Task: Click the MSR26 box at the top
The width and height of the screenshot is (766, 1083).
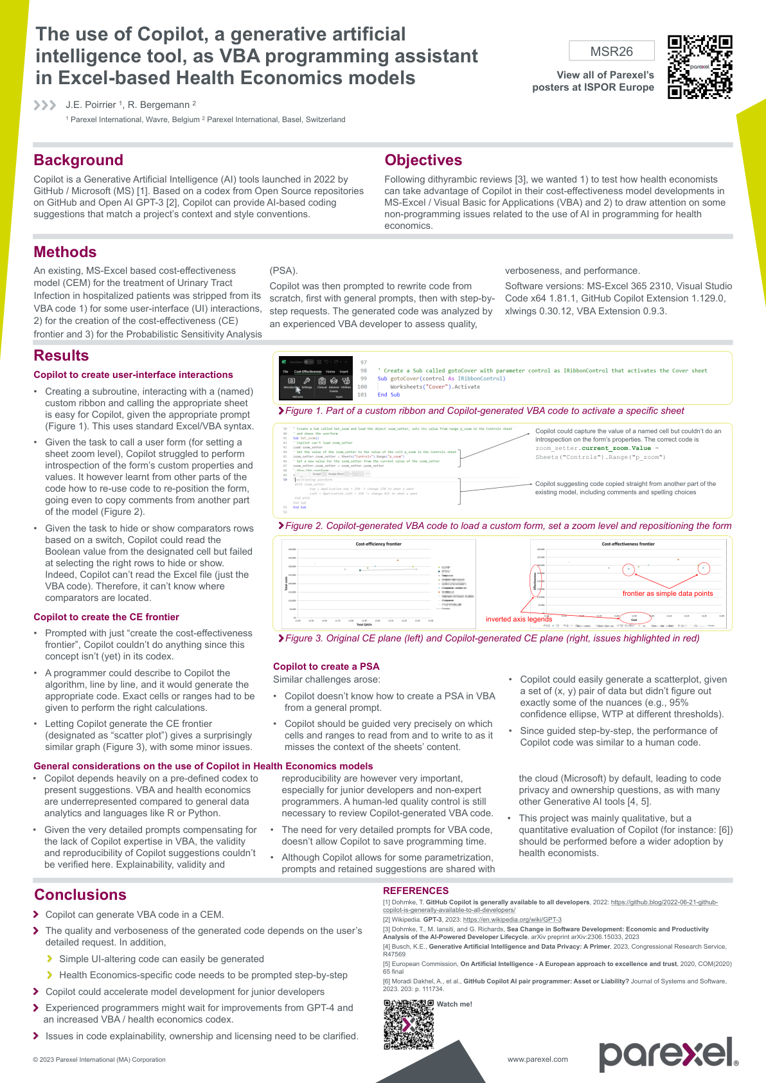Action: coord(611,51)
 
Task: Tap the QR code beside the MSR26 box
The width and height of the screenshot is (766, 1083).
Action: coord(700,67)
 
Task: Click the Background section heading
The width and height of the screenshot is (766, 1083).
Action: coord(78,160)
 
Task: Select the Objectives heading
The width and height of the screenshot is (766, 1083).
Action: coord(423,160)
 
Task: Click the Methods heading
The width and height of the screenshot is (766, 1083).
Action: coord(65,252)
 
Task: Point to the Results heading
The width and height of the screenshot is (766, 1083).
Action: coord(61,355)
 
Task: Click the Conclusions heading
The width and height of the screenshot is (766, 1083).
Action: coord(80,895)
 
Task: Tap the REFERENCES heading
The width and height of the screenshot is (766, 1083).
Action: coord(416,891)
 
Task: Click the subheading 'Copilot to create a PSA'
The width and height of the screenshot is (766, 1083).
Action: coord(326,667)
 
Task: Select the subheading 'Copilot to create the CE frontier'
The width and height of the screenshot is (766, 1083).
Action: coord(106,617)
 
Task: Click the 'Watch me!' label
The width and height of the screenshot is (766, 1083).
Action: coord(454,1004)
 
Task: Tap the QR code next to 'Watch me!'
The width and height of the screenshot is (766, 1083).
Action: coord(409,1025)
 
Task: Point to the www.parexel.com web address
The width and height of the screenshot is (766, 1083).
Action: coord(537,1059)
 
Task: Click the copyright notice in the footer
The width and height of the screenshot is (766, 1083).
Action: coord(99,1060)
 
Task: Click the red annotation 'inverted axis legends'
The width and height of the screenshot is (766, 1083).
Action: coord(519,619)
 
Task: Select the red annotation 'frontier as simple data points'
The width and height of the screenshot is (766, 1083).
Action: coord(668,593)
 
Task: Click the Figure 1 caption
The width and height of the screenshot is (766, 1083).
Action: coord(485,411)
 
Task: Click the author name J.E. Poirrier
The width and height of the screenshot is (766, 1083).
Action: coord(91,105)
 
